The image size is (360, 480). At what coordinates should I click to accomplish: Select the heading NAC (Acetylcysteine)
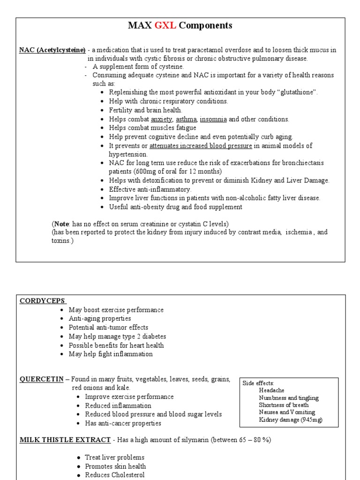(x=52, y=50)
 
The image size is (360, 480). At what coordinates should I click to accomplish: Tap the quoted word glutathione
(x=294, y=92)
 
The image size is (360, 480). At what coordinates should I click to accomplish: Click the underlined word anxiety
(x=162, y=119)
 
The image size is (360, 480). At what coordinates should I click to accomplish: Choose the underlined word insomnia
(x=213, y=119)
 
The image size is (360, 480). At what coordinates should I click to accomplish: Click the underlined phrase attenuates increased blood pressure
(x=201, y=146)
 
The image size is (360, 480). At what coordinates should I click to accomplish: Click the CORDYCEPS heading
(x=43, y=301)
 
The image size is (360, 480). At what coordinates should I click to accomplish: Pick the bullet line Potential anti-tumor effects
(x=108, y=328)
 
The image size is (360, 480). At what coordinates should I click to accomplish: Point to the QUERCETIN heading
(x=41, y=379)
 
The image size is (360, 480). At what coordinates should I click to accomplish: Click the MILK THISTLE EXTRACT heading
(x=65, y=440)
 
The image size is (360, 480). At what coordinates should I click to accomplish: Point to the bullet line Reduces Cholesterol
(x=115, y=475)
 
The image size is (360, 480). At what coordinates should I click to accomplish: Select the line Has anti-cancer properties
(x=123, y=423)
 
